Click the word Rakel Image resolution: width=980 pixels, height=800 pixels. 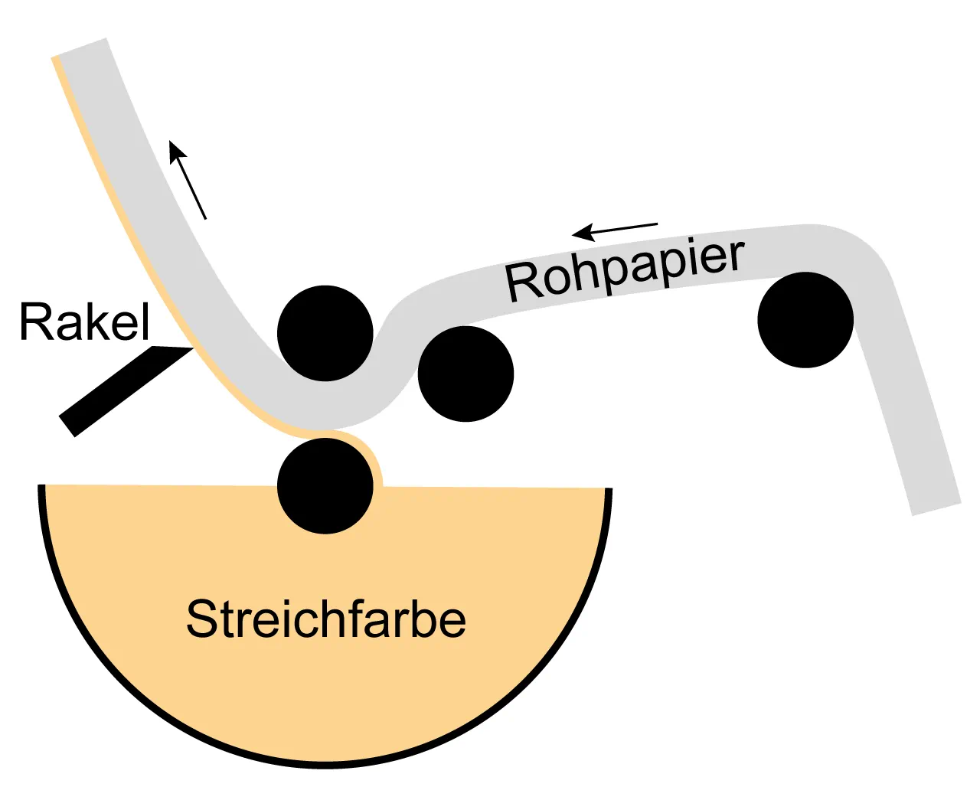(x=84, y=322)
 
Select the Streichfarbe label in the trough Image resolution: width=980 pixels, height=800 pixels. (x=326, y=619)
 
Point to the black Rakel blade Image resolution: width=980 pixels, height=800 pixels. (x=122, y=390)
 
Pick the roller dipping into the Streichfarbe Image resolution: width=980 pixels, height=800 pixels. (x=325, y=485)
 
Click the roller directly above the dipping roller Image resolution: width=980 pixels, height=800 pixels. (x=325, y=333)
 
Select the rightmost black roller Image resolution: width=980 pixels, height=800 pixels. (x=805, y=320)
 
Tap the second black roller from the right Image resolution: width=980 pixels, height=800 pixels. (x=465, y=374)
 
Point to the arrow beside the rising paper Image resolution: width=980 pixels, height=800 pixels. (x=188, y=180)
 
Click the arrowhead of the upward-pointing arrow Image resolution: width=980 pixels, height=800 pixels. (x=175, y=148)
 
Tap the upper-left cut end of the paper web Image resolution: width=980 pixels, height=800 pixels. (x=80, y=47)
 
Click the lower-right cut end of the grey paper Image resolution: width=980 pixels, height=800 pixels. (x=936, y=509)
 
